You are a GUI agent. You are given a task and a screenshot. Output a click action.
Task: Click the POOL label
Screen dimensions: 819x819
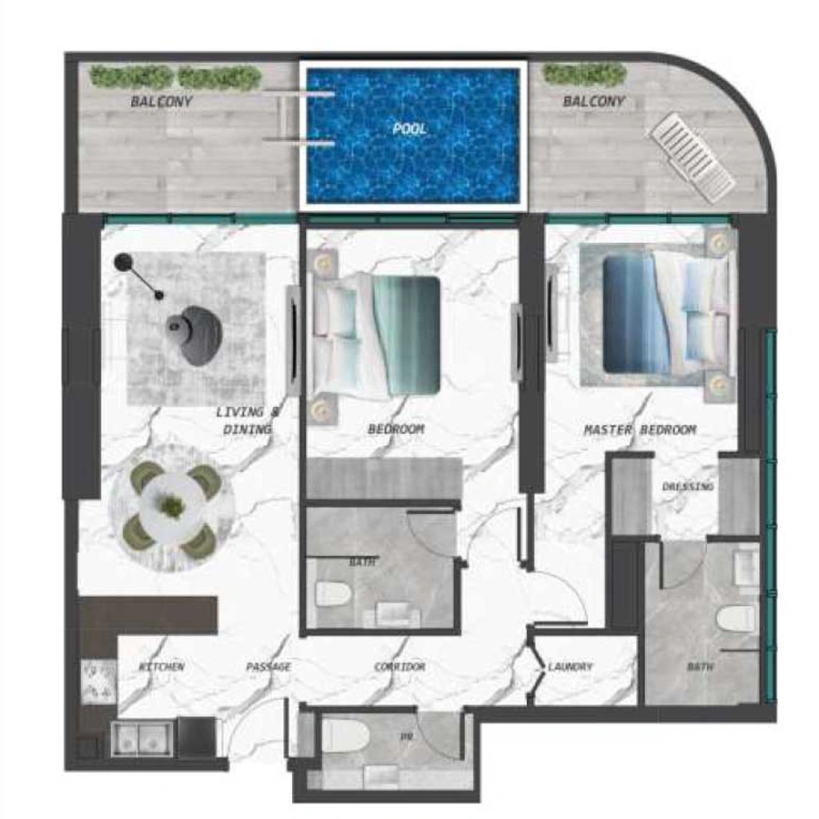point(409,129)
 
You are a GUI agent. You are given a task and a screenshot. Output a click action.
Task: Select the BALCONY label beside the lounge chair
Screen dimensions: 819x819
point(593,102)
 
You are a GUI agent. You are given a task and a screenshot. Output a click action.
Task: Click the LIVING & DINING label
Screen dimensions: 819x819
point(248,420)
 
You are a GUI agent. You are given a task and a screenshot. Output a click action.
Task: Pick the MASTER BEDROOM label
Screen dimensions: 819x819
point(640,430)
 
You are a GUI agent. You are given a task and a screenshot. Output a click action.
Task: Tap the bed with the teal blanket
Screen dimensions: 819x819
point(375,333)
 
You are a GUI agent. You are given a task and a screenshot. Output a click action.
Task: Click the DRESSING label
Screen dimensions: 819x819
point(688,487)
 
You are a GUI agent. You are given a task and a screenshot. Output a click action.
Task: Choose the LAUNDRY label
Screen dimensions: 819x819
point(571,667)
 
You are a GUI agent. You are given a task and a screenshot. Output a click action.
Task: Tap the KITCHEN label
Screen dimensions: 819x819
point(162,667)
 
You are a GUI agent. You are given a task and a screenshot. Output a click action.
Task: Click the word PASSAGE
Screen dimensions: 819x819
point(268,667)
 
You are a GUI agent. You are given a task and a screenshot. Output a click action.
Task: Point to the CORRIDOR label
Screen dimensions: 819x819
point(399,667)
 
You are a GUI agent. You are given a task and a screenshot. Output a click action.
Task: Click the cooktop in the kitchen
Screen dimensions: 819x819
point(98,682)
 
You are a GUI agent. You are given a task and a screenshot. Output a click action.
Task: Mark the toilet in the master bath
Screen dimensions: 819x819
point(736,619)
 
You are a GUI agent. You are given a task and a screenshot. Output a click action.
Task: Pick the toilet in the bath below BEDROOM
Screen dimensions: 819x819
point(334,594)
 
